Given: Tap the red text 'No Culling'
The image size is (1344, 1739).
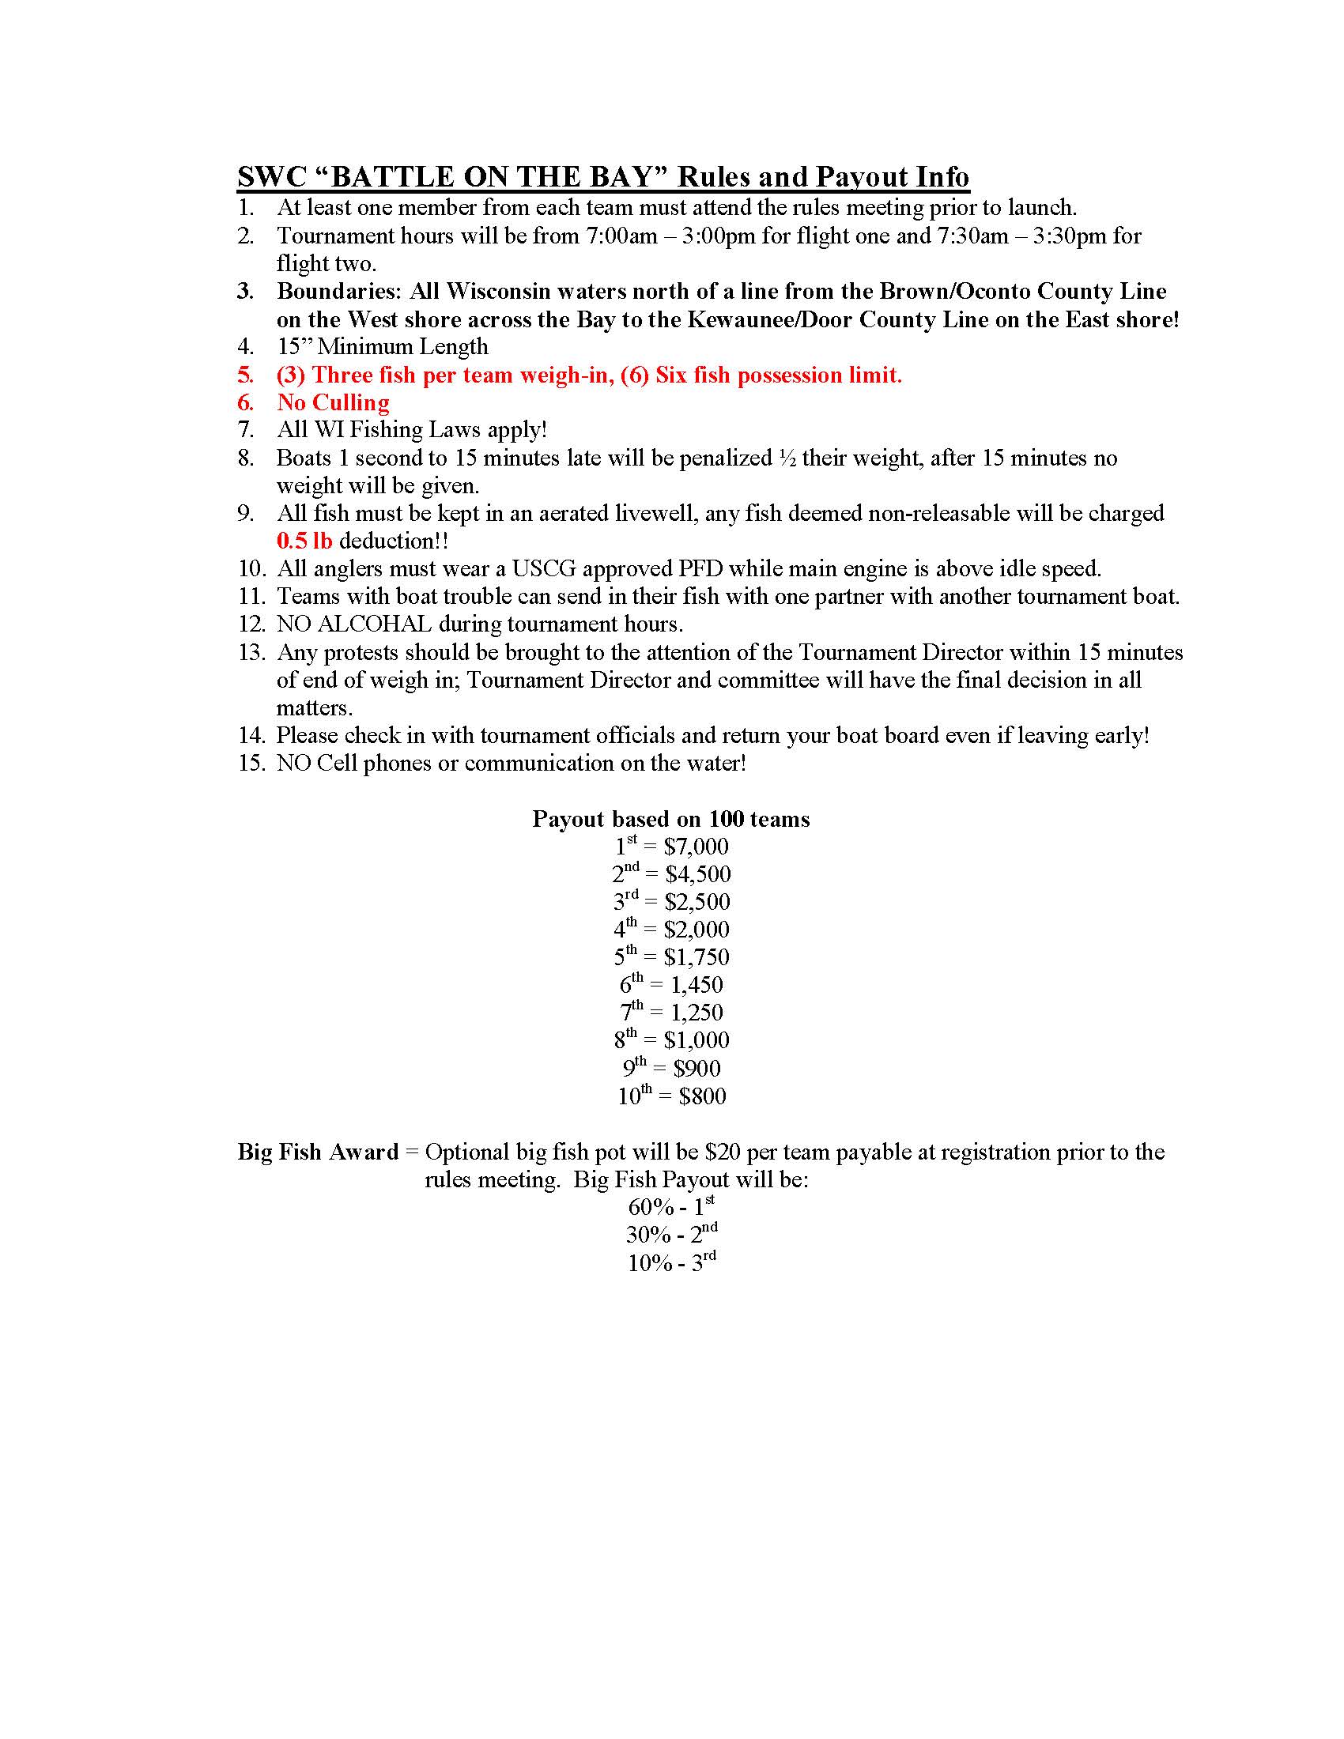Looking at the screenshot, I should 333,403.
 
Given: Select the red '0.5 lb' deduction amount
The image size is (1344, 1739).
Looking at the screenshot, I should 304,541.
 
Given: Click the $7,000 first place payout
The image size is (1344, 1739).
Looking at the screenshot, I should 696,847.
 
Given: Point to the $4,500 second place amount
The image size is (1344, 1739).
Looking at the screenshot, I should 697,875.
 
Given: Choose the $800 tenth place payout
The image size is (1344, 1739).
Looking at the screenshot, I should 702,1096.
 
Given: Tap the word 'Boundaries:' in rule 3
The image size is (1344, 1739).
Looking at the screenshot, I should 340,292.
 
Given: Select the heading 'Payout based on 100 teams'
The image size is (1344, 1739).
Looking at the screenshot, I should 670,820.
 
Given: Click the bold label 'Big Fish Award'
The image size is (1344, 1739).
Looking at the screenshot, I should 318,1152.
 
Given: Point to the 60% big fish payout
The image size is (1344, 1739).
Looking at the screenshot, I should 651,1208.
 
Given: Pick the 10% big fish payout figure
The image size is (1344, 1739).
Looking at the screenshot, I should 650,1264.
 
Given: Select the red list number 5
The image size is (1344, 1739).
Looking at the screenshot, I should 245,375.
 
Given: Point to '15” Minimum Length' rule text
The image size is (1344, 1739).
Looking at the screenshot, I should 382,347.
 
